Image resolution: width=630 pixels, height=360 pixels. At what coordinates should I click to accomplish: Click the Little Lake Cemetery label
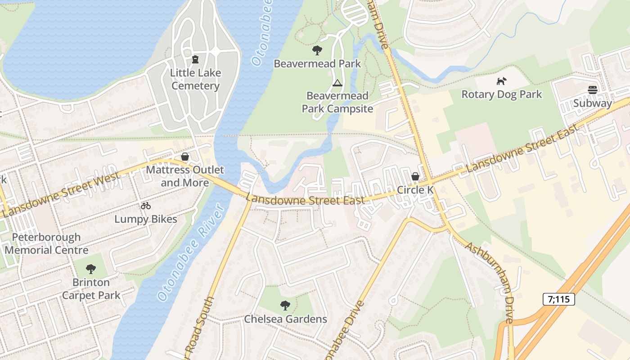click(x=195, y=79)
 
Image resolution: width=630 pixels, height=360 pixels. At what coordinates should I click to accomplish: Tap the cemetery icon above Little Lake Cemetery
click(x=195, y=59)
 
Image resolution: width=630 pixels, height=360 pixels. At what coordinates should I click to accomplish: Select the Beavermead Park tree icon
click(x=317, y=50)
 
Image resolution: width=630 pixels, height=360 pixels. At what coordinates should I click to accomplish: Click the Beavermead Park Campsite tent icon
click(x=337, y=83)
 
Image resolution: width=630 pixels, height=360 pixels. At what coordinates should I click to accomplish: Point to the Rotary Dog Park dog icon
click(x=501, y=81)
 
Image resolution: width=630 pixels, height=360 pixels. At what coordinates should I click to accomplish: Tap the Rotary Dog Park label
click(x=502, y=94)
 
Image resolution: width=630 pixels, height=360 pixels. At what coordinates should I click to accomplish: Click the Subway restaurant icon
click(x=592, y=90)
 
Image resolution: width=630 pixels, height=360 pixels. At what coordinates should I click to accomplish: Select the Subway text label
click(x=592, y=103)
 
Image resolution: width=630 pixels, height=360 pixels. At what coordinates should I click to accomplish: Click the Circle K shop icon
click(x=415, y=176)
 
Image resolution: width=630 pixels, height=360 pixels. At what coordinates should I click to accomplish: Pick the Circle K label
click(x=415, y=190)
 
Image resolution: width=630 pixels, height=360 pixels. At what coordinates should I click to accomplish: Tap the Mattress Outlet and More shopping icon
click(x=184, y=157)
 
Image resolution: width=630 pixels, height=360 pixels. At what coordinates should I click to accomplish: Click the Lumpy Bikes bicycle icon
click(x=145, y=206)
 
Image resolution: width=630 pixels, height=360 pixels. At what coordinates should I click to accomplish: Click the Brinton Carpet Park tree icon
click(x=91, y=269)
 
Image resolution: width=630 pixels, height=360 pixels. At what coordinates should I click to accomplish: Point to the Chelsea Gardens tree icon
click(x=285, y=306)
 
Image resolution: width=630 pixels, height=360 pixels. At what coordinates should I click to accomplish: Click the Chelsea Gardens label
click(x=285, y=319)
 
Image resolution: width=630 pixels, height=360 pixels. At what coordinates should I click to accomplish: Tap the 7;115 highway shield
click(x=558, y=299)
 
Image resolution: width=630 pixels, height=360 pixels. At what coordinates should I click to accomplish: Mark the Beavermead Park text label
click(x=317, y=64)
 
